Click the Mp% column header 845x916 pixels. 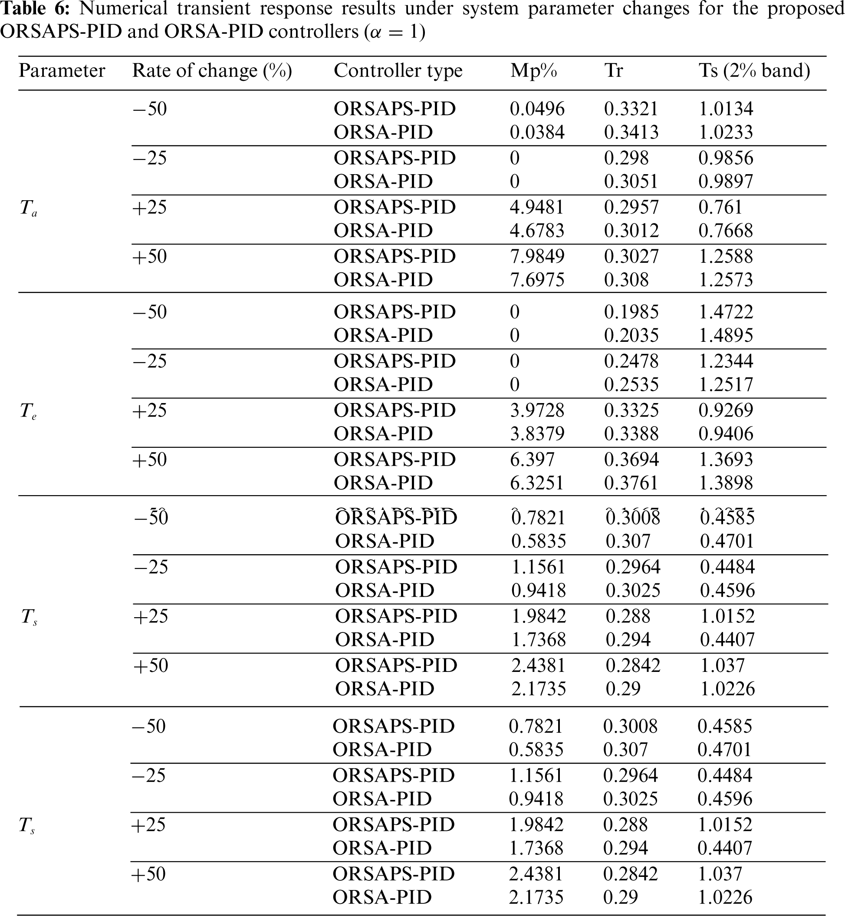533,71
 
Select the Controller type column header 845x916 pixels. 398,71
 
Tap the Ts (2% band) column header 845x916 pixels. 754,71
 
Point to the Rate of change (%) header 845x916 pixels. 212,71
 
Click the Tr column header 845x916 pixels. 613,71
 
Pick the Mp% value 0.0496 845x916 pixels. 537,109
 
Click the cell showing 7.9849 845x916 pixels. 537,256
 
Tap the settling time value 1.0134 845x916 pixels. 726,109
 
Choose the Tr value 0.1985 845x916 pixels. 631,312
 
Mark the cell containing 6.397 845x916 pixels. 532,460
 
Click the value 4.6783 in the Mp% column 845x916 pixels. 537,230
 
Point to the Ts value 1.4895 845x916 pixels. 726,335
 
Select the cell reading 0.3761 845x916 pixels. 631,483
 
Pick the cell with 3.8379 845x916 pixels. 537,433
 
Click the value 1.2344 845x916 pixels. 726,361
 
